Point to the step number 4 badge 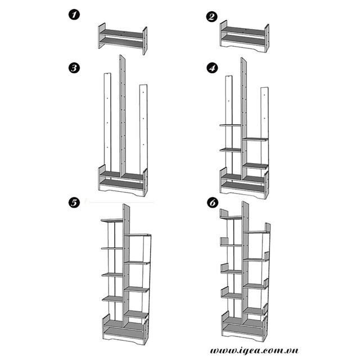point(211,69)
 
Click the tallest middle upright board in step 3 point(123,112)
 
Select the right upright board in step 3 point(143,127)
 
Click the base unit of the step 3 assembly point(123,183)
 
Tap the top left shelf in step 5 point(111,220)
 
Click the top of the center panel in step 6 point(245,207)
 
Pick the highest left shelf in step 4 point(229,125)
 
